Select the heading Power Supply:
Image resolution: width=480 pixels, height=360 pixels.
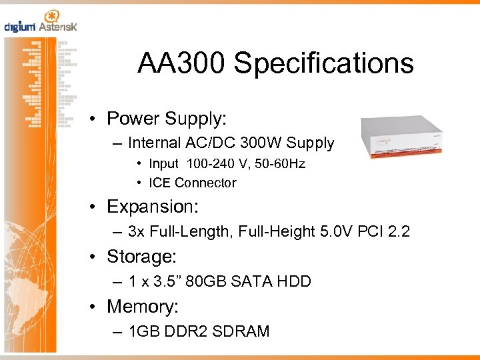[x=167, y=119]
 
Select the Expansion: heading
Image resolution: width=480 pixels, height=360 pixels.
[x=152, y=207]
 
